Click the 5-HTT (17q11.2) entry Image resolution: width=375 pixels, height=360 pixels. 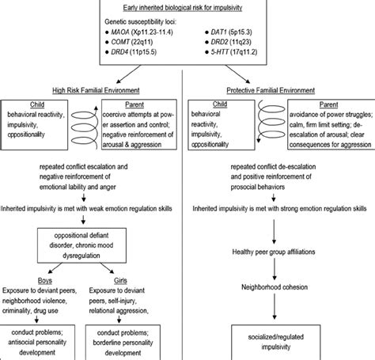(244, 58)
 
